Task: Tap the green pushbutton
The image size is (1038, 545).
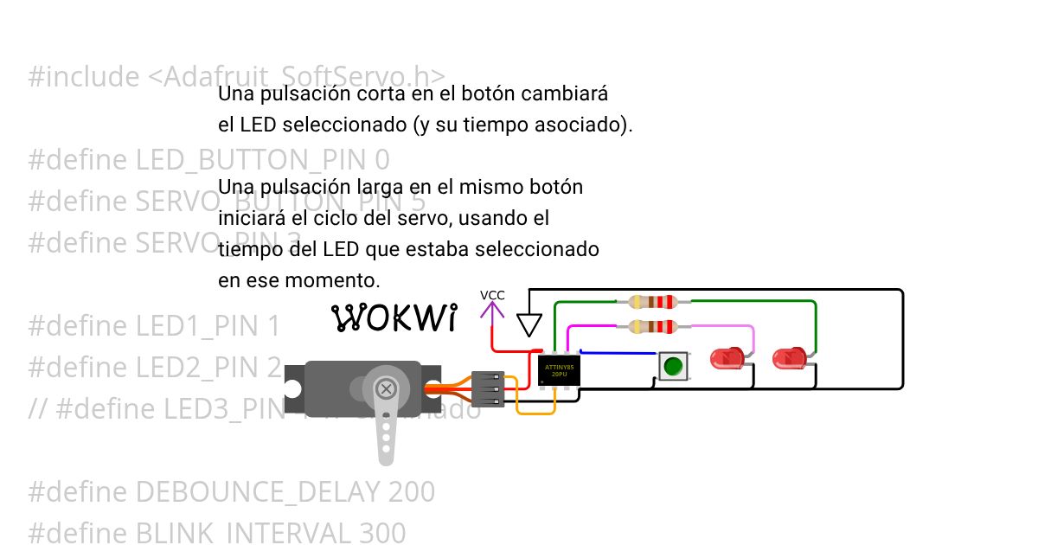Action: (672, 366)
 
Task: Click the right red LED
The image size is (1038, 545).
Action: (789, 357)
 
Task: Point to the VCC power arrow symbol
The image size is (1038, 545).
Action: (492, 311)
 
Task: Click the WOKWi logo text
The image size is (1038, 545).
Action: (394, 318)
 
